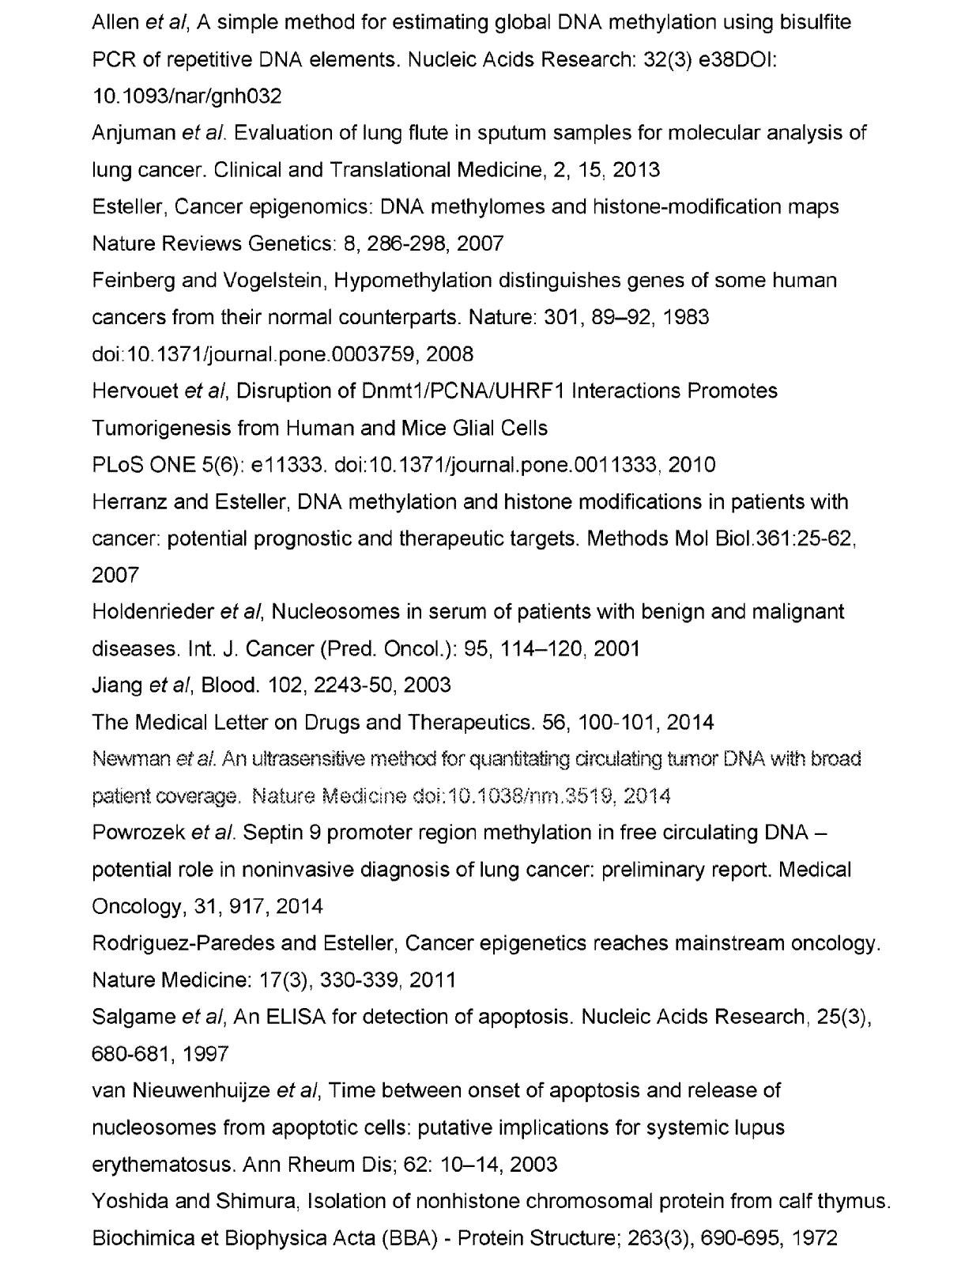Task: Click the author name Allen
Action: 115,22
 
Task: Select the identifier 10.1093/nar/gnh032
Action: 187,96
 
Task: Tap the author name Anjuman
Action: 133,133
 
